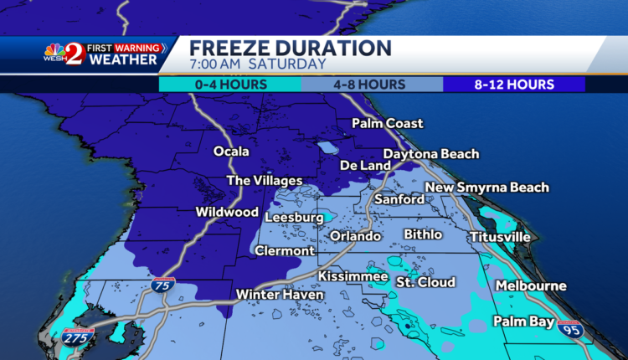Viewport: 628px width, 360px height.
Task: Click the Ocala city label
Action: (x=232, y=152)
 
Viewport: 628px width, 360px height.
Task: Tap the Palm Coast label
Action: (x=387, y=124)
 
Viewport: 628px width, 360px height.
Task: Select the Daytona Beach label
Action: (x=431, y=154)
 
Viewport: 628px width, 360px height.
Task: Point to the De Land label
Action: (x=364, y=166)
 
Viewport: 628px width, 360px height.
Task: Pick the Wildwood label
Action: (x=227, y=212)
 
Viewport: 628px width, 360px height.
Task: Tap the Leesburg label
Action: (x=294, y=218)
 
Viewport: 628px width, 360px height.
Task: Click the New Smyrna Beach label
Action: (x=487, y=188)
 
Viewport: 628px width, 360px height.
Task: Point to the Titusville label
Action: (x=500, y=237)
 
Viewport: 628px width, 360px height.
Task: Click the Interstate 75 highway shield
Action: (x=163, y=286)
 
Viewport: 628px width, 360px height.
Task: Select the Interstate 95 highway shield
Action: (x=570, y=328)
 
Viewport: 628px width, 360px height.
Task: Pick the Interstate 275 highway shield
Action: (x=79, y=337)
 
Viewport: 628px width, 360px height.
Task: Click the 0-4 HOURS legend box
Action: (x=230, y=85)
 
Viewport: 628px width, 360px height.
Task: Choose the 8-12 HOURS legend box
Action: (x=513, y=85)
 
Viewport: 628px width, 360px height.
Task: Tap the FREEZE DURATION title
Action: (x=290, y=48)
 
